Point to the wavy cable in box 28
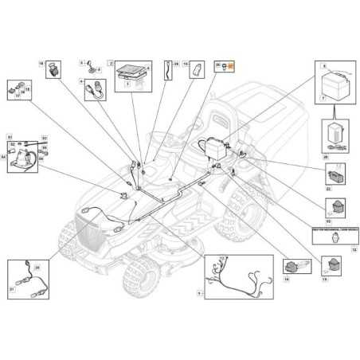pos(167,70)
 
